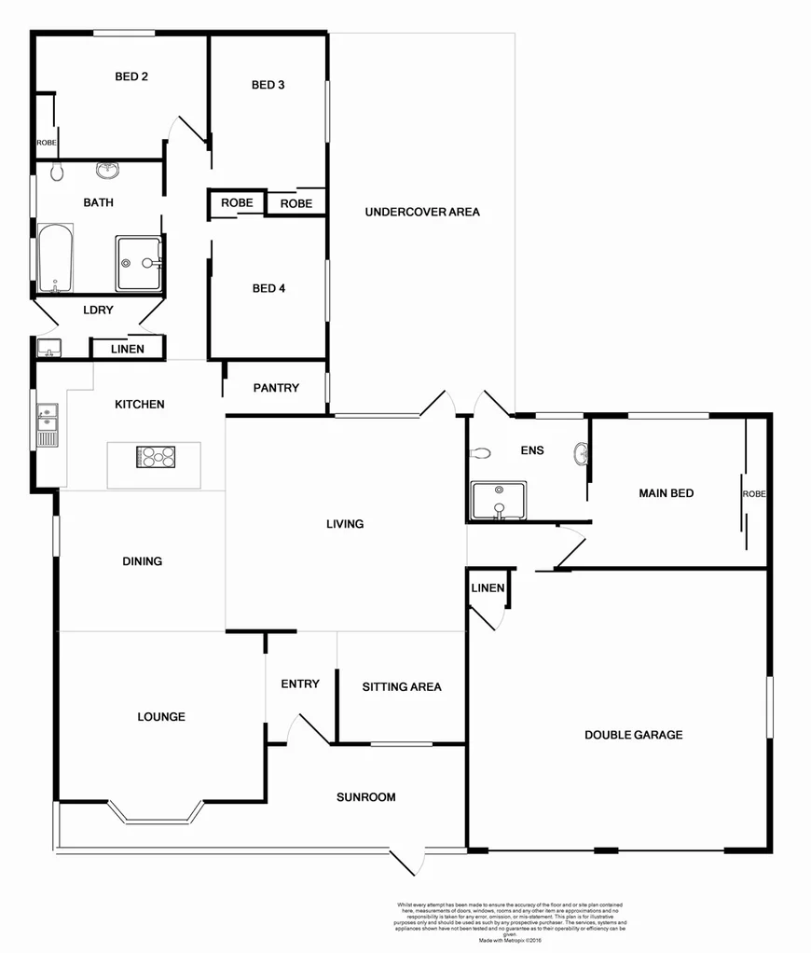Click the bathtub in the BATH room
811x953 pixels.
point(55,257)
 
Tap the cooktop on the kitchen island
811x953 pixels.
point(157,457)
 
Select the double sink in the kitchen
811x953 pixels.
point(47,423)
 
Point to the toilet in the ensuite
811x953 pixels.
point(481,454)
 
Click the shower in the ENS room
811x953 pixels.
point(498,501)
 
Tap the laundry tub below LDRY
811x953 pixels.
point(48,349)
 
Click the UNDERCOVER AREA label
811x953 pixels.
point(422,212)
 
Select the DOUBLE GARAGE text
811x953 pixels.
point(633,735)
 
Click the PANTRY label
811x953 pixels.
point(276,388)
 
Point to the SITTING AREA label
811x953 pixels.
point(402,687)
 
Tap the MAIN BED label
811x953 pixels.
point(666,493)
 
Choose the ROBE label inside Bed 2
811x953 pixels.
point(46,143)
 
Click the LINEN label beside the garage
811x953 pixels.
point(488,588)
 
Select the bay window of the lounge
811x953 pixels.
point(156,814)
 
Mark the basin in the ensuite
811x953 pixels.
point(582,454)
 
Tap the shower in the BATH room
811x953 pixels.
point(138,263)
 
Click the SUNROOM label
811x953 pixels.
point(365,797)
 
